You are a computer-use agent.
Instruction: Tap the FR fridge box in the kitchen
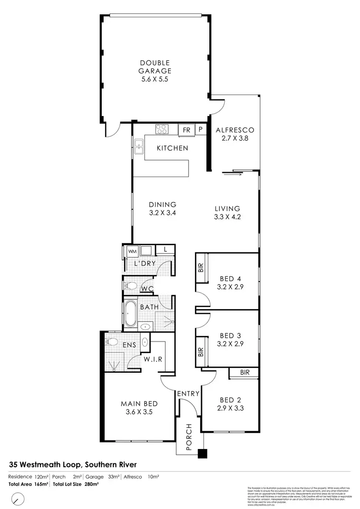click(185, 130)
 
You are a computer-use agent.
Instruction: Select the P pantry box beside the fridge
click(200, 130)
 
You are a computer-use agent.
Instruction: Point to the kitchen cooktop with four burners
click(161, 129)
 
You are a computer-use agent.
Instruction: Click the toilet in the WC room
click(130, 287)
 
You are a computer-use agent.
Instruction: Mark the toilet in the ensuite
click(111, 342)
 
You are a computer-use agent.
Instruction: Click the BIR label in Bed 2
click(244, 372)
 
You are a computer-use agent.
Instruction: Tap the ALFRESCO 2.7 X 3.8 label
click(234, 134)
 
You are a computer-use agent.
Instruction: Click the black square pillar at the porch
click(203, 453)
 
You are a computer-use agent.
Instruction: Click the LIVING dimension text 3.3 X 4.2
click(227, 216)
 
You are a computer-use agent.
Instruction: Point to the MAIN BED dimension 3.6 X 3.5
click(140, 412)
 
